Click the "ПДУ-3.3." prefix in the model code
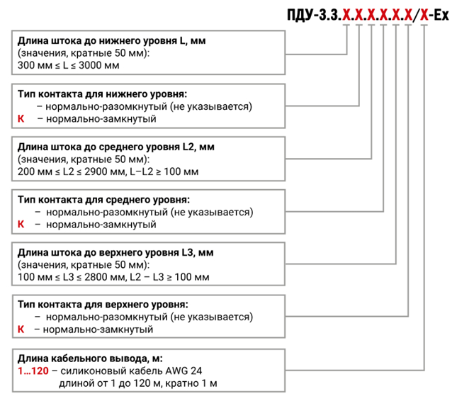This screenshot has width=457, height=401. click(314, 15)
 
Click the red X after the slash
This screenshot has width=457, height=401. click(424, 15)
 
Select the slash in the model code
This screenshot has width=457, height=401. click(416, 15)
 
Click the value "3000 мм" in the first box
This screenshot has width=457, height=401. click(98, 65)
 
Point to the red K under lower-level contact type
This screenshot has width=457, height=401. click(21, 118)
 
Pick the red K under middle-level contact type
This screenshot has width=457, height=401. click(21, 224)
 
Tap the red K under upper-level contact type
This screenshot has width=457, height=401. click(21, 329)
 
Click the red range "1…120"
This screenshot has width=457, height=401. click(33, 371)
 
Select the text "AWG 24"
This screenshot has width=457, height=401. click(184, 371)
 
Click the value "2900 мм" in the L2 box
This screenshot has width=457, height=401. click(105, 171)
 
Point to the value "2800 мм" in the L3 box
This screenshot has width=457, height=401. click(105, 276)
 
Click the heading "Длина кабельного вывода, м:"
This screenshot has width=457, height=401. click(90, 358)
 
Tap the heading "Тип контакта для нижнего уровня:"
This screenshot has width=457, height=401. click(102, 94)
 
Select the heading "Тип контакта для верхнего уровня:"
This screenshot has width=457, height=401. click(103, 305)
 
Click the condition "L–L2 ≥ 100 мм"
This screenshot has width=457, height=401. click(164, 171)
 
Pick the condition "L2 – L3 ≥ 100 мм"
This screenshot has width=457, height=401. click(169, 276)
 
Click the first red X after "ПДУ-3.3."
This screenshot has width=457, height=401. click(346, 15)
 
